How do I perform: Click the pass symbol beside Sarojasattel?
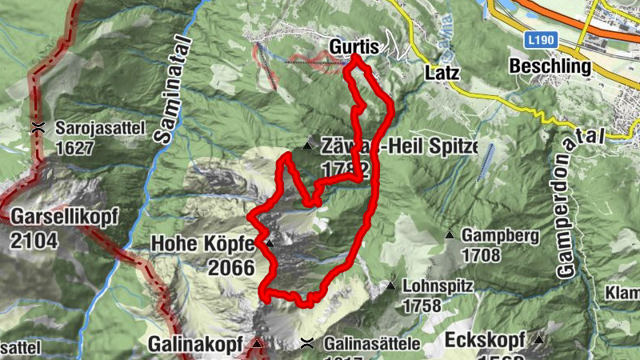(37, 127)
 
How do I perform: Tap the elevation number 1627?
(75, 148)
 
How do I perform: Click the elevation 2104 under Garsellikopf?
(35, 238)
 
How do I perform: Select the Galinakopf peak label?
(195, 345)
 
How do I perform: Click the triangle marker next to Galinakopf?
(257, 344)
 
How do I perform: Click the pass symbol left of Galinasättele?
(306, 344)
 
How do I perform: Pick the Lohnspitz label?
(438, 286)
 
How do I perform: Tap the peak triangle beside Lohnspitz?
(391, 286)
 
